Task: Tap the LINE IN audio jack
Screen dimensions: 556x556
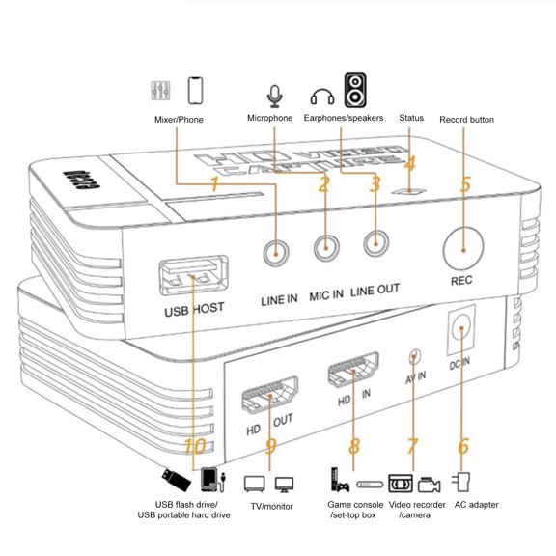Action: point(278,252)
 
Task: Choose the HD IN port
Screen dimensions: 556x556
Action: point(354,371)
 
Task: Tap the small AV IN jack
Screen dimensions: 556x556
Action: point(415,356)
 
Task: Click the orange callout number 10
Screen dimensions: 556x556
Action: point(194,447)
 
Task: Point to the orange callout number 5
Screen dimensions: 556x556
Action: point(465,183)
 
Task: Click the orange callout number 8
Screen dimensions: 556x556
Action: point(354,446)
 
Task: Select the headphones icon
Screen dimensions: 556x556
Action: point(321,97)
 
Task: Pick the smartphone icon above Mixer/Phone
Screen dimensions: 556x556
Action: point(196,91)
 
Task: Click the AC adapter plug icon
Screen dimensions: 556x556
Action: point(463,482)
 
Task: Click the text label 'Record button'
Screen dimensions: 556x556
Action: point(466,120)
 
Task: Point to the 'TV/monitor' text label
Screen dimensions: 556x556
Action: point(269,506)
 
